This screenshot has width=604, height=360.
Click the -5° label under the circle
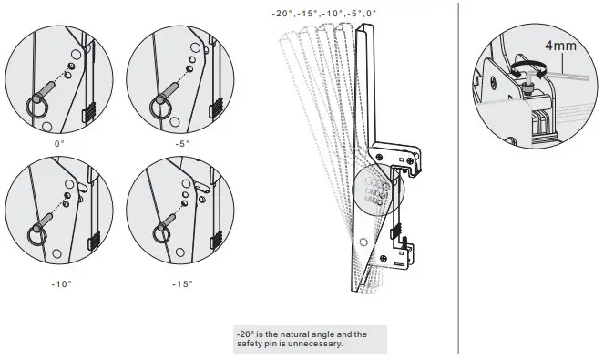[182, 144]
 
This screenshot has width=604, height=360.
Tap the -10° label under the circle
[61, 283]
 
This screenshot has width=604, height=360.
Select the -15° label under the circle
[183, 283]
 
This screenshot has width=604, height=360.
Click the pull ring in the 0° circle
[34, 103]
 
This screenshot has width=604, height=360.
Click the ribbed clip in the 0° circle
[89, 114]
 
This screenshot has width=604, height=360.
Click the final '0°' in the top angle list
[371, 13]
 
